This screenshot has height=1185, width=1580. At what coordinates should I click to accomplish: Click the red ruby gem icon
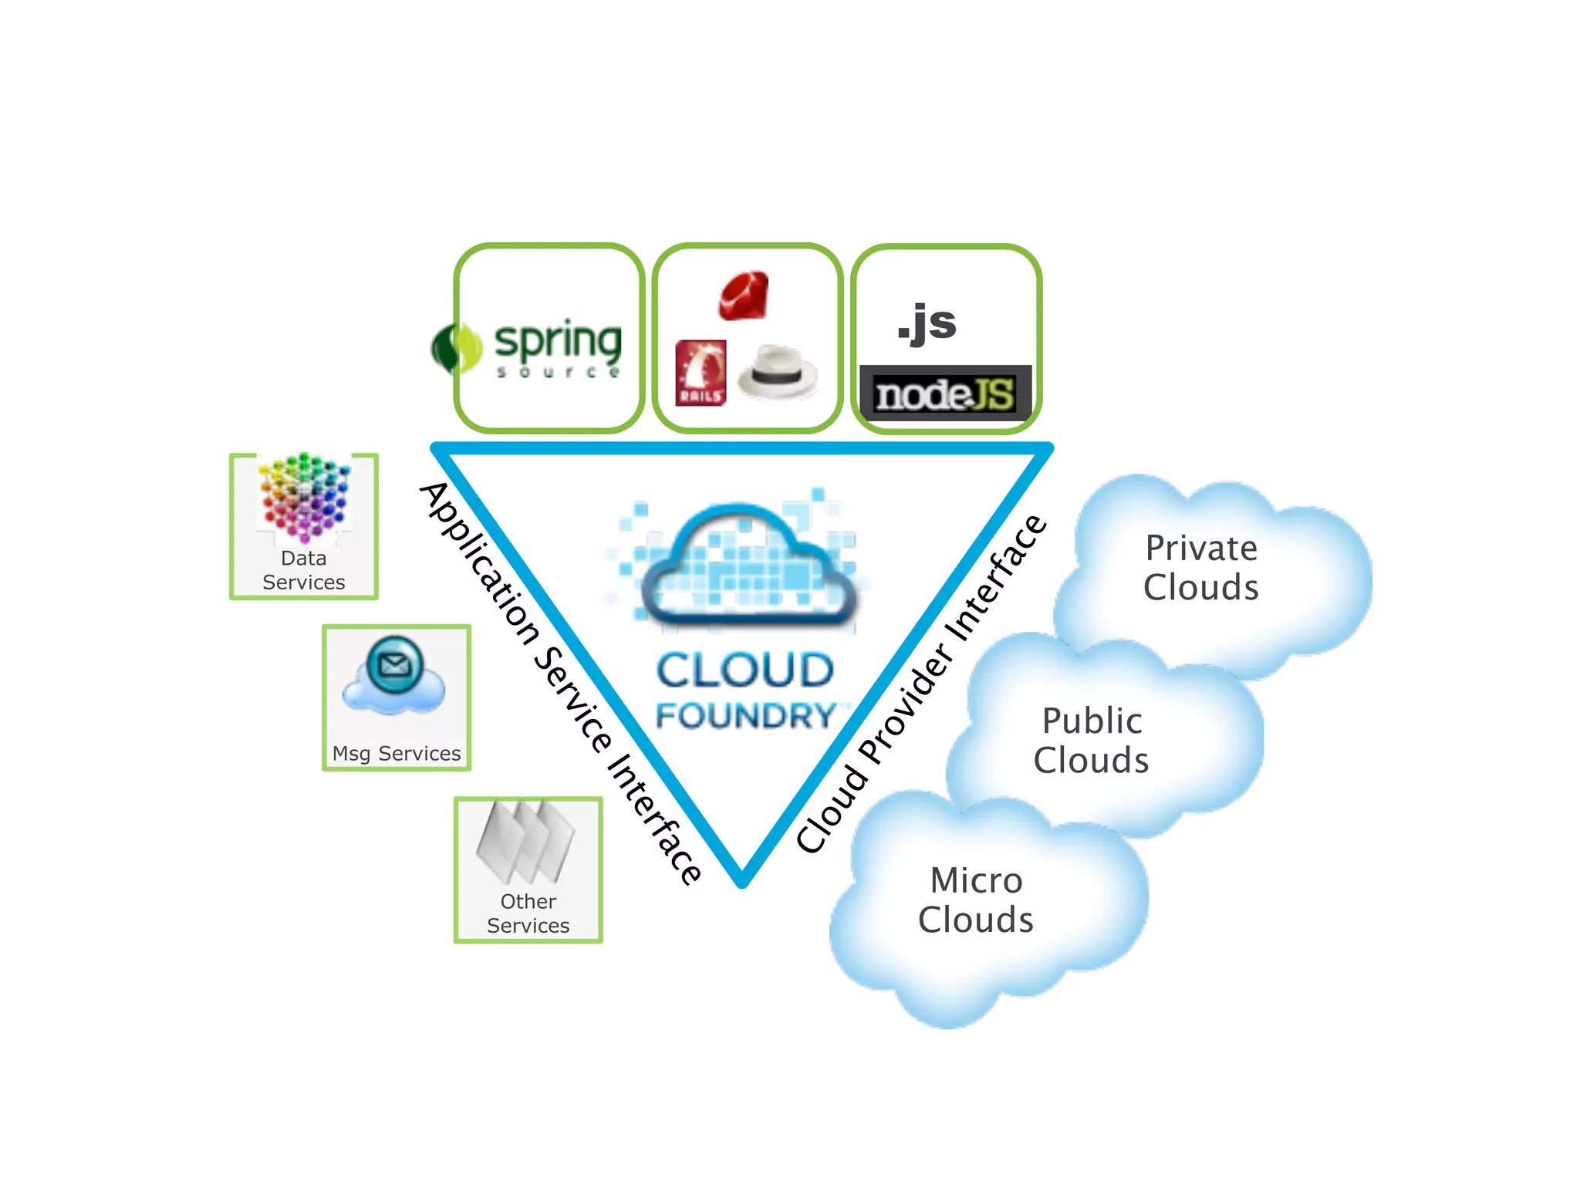click(744, 295)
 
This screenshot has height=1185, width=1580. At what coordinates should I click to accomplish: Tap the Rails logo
click(701, 373)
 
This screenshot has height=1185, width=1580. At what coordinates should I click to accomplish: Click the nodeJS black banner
click(945, 394)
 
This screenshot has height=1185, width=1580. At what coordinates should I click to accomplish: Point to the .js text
click(927, 322)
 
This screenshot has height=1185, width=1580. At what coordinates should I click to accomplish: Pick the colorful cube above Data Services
click(304, 497)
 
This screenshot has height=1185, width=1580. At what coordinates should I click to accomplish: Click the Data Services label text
click(303, 570)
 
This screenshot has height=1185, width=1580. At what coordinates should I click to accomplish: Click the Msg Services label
click(397, 753)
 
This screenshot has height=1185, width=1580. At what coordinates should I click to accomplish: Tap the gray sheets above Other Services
click(526, 841)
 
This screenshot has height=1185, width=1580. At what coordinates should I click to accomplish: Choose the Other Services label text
click(528, 913)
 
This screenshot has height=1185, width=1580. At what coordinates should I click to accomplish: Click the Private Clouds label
click(1201, 568)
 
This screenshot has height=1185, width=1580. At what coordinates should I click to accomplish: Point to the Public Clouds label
click(1092, 741)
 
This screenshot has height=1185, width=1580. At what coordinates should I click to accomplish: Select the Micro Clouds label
click(976, 900)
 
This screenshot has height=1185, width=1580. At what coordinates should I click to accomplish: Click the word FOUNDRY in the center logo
click(745, 716)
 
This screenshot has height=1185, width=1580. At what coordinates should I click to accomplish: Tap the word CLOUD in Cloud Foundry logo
click(745, 670)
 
